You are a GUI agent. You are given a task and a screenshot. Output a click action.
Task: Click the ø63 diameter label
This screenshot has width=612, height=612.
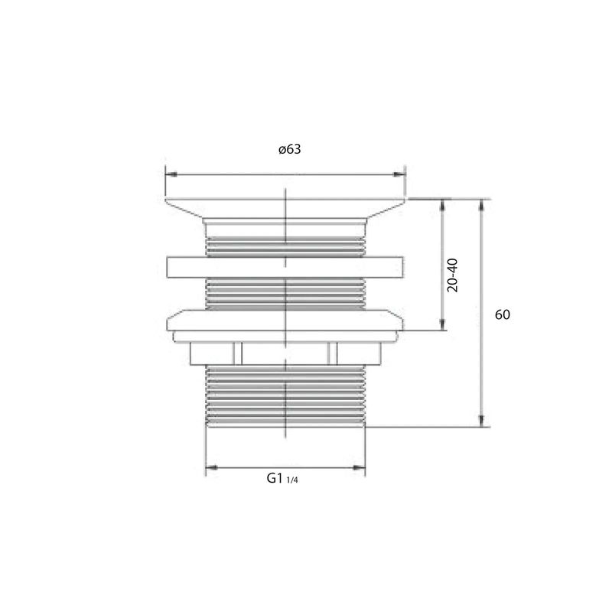290,149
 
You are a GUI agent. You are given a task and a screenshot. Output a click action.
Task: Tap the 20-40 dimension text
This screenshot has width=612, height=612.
453,275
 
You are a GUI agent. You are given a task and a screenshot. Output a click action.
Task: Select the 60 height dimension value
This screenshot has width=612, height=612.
503,314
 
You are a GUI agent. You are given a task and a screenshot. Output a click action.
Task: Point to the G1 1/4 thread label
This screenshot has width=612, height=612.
282,478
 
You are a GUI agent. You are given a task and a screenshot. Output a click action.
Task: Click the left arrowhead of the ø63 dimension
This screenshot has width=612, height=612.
171,174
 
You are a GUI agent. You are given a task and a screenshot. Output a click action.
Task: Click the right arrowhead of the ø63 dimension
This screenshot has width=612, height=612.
399,174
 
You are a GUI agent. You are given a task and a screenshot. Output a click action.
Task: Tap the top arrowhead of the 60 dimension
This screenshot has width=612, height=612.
482,205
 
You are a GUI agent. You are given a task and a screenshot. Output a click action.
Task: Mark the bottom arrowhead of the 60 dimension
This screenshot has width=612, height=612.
482,421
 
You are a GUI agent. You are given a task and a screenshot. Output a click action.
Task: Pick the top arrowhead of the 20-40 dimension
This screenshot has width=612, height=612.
442,205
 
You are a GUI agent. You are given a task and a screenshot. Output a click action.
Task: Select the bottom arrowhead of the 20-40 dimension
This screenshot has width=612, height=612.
442,324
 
